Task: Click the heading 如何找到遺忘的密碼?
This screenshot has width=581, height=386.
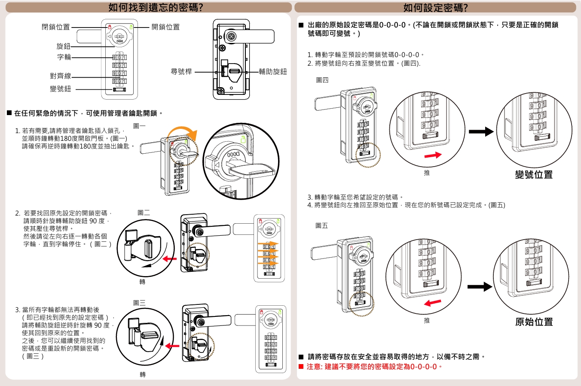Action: point(156,7)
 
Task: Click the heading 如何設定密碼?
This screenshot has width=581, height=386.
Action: point(435,7)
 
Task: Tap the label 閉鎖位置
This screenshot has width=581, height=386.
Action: point(55,27)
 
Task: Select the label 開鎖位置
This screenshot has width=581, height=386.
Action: point(165,27)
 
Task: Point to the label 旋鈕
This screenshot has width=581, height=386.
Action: point(63,46)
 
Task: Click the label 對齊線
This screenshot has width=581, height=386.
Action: point(60,76)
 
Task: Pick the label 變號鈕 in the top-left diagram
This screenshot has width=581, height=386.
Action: point(60,89)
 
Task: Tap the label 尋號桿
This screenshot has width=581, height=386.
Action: point(181,72)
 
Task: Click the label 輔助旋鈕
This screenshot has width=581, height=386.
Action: point(273,72)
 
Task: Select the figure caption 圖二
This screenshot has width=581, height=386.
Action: point(144,213)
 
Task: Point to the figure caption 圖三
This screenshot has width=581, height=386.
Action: point(139,303)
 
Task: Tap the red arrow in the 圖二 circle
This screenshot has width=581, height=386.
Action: point(170,258)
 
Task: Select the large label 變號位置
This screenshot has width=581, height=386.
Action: point(534,175)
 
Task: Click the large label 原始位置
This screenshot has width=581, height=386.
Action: point(534,322)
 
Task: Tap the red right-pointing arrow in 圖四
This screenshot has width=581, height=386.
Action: point(433,155)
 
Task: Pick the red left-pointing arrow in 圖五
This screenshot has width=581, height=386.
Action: point(432,303)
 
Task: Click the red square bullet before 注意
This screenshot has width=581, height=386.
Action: point(301,367)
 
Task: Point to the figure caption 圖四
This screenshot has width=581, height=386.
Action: point(322,80)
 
